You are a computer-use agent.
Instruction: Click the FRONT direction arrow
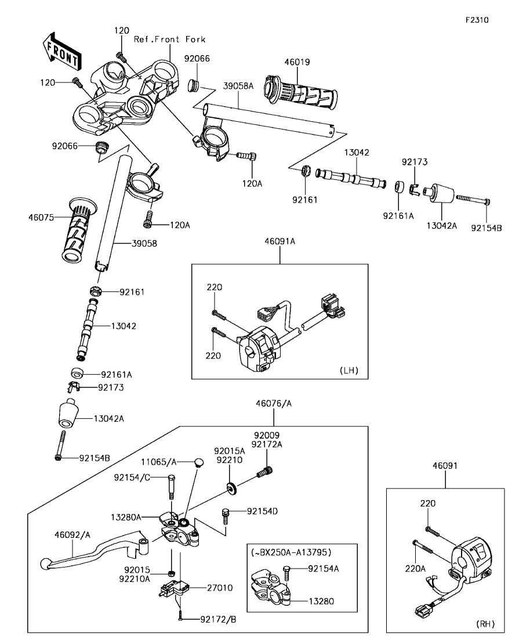click(x=61, y=50)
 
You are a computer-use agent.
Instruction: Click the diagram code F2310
click(x=477, y=20)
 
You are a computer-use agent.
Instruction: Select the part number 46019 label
click(x=297, y=62)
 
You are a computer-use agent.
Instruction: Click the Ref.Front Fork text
click(x=170, y=39)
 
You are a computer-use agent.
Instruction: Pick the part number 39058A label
click(x=238, y=86)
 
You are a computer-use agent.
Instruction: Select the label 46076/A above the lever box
click(x=274, y=404)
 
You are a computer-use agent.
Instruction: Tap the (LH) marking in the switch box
click(x=349, y=370)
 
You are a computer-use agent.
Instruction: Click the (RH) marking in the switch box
click(x=485, y=624)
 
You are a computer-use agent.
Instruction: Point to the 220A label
click(x=415, y=568)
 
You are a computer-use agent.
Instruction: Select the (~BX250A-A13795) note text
click(x=291, y=552)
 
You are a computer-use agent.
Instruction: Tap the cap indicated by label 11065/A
click(x=198, y=462)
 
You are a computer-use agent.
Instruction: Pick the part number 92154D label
click(x=262, y=511)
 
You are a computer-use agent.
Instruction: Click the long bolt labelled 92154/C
click(x=172, y=487)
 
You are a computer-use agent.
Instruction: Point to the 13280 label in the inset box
click(x=321, y=601)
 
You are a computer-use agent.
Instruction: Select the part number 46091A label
click(x=280, y=241)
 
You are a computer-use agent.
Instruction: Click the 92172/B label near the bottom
click(x=218, y=620)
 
